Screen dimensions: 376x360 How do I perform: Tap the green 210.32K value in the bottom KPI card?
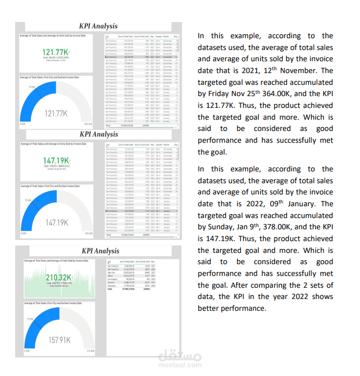pos(58,277)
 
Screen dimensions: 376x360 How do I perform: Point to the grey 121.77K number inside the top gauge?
pos(57,114)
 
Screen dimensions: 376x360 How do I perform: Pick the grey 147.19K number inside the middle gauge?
pos(57,223)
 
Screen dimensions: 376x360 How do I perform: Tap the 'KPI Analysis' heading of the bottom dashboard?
pos(101,251)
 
